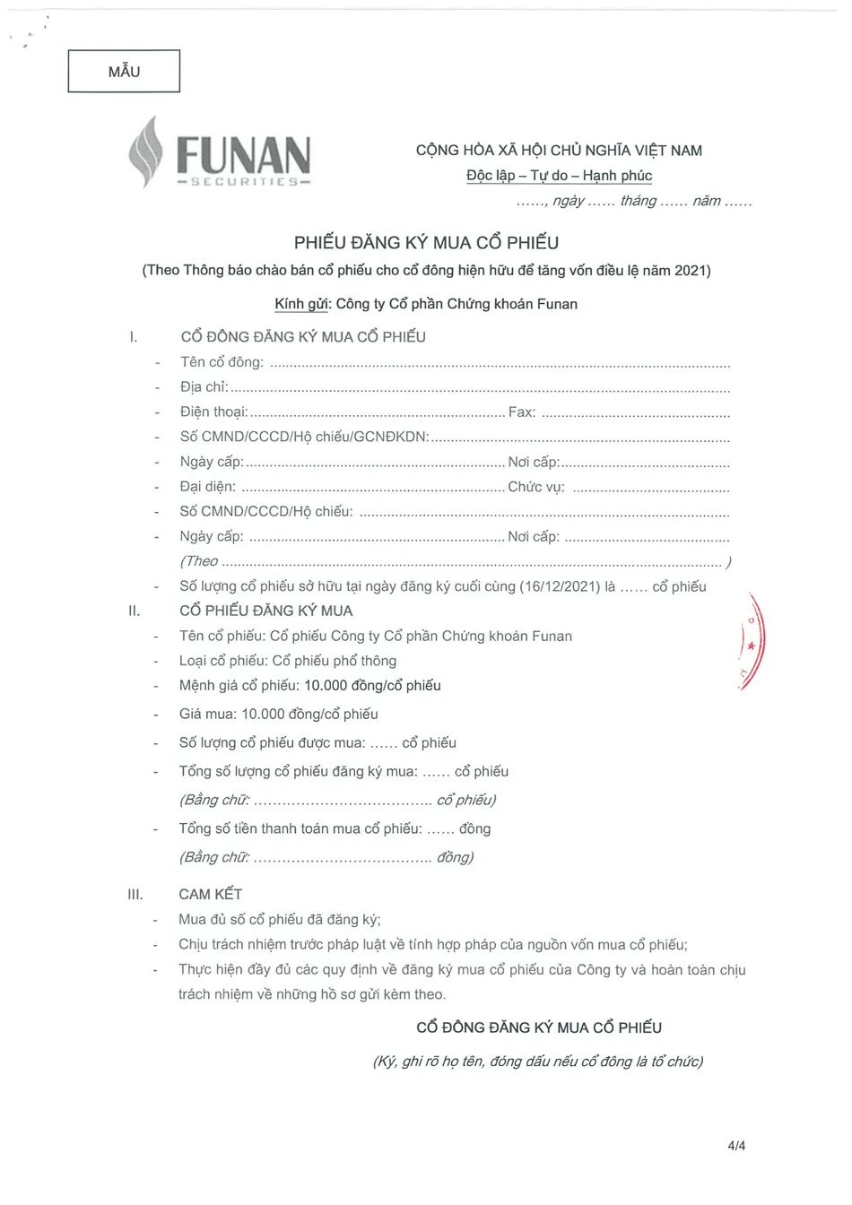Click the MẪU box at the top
[124, 72]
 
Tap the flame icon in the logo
[146, 152]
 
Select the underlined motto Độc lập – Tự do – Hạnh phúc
[559, 176]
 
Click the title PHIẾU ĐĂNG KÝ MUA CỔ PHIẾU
[426, 243]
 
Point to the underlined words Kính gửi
[302, 304]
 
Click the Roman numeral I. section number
[134, 337]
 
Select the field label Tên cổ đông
[222, 362]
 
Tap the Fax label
[521, 412]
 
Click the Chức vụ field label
[535, 487]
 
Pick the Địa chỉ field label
[204, 387]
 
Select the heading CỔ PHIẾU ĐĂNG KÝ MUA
[266, 611]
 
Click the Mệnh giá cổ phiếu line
[309, 686]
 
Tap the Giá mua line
[278, 715]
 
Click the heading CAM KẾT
[210, 894]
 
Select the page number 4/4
[736, 1146]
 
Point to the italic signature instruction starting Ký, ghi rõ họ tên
[537, 1062]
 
